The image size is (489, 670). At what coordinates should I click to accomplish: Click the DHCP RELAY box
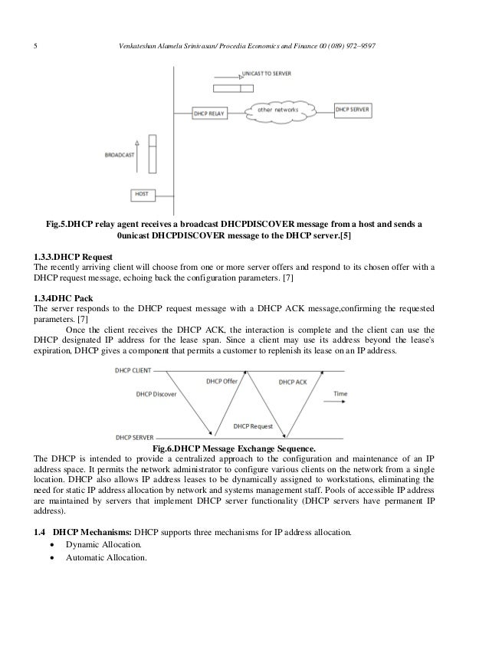click(209, 112)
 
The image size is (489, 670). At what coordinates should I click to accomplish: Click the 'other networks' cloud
click(278, 110)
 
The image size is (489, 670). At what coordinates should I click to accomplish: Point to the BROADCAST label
click(120, 155)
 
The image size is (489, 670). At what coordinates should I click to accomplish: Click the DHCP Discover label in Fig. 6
click(156, 395)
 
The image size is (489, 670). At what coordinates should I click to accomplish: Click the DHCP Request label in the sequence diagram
click(253, 425)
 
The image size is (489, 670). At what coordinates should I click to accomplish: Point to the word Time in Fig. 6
click(340, 394)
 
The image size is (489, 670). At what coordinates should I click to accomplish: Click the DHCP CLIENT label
click(133, 369)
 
